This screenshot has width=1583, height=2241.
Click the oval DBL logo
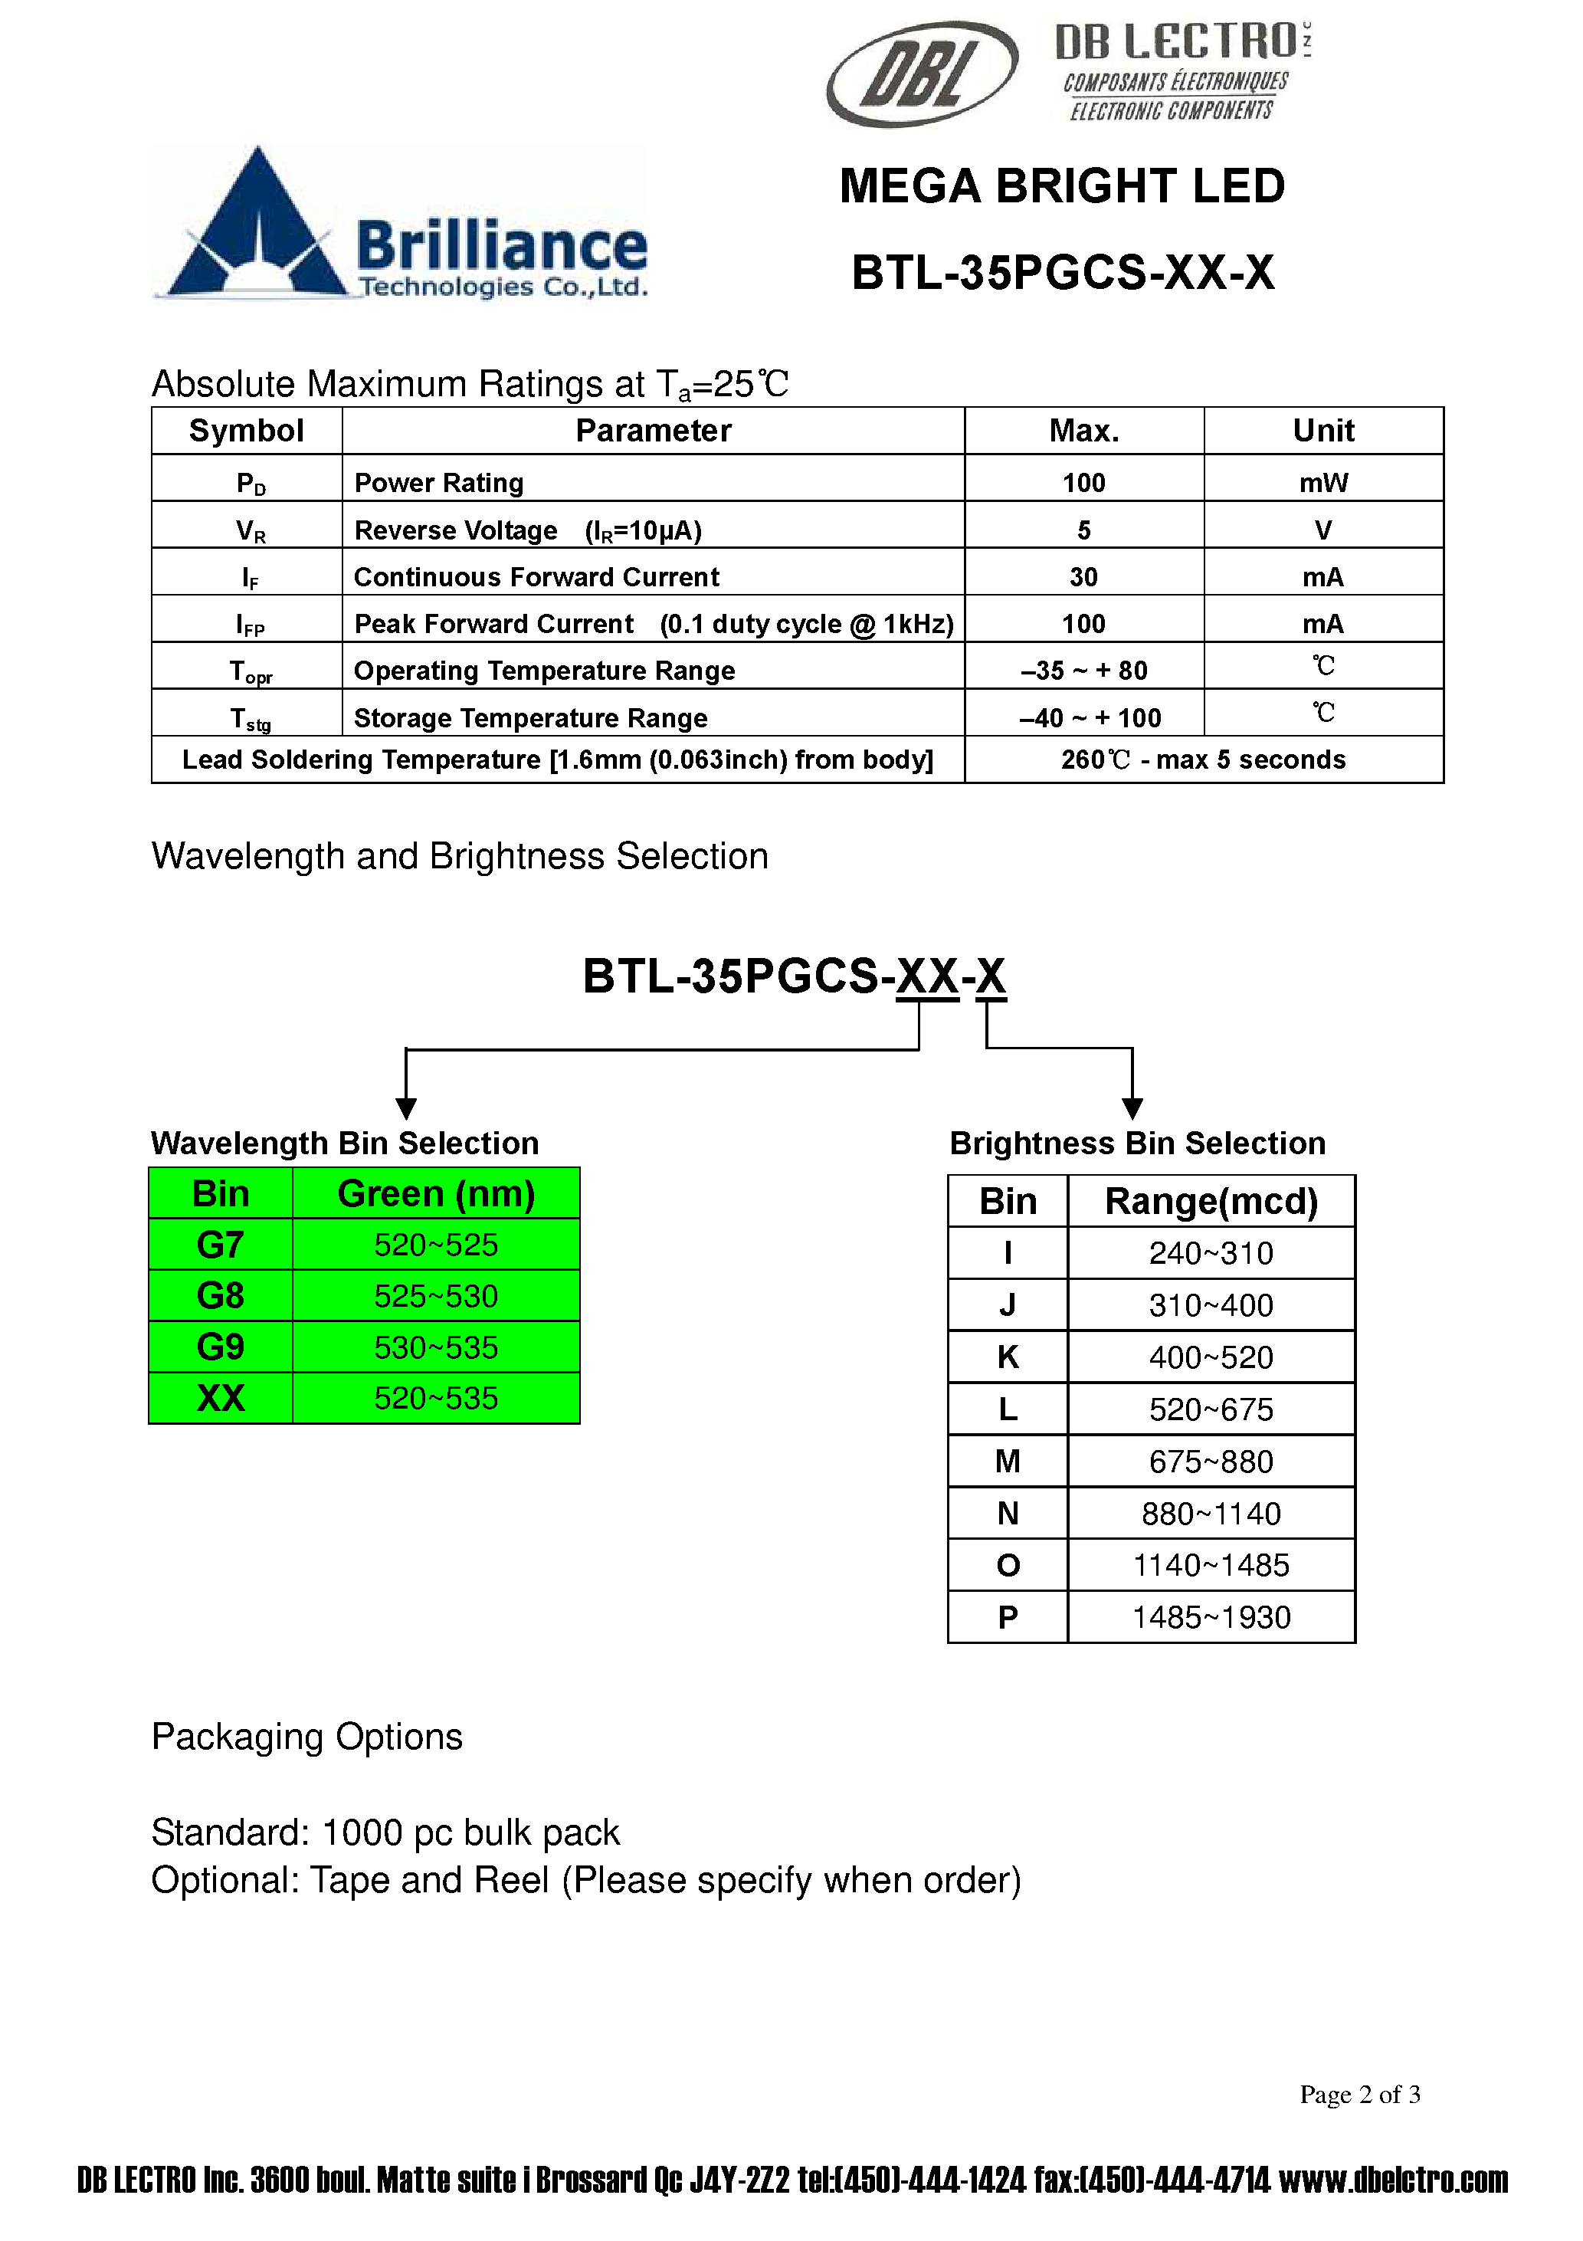tap(921, 74)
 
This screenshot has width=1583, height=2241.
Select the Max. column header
tap(1083, 431)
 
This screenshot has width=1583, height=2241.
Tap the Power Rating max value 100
tap(1083, 482)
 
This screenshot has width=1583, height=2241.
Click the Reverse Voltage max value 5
tap(1083, 530)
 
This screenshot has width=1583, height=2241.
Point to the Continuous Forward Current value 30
tap(1083, 577)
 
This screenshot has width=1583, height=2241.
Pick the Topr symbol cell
tap(250, 671)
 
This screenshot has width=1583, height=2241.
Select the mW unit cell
tap(1322, 482)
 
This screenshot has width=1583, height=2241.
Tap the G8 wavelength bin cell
tap(221, 1295)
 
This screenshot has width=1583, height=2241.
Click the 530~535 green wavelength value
tap(435, 1347)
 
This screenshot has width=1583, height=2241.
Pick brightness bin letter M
tap(1007, 1461)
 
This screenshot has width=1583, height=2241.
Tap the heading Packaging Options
tap(306, 1737)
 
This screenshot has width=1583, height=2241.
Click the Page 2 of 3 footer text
tap(1358, 2094)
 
